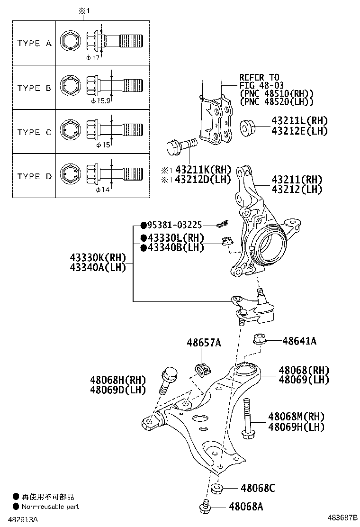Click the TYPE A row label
35,43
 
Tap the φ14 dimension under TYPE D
103,190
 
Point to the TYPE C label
35,132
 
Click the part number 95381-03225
174,226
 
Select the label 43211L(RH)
299,121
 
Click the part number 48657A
204,342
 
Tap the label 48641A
299,340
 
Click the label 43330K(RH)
98,258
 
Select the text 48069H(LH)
296,427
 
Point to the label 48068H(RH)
118,380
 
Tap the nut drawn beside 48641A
259,340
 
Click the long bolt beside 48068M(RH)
246,417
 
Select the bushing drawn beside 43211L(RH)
247,127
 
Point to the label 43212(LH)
297,189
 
